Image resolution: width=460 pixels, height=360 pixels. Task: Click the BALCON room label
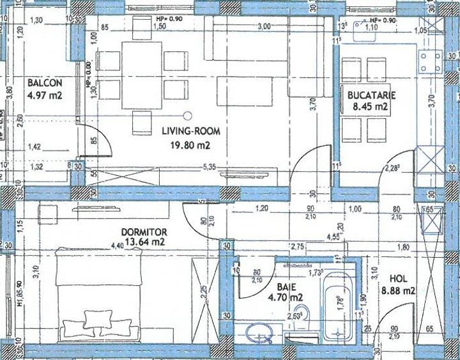(x=45, y=83)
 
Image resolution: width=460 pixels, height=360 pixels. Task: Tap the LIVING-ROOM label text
(x=190, y=131)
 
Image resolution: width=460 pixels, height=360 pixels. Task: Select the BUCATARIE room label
(x=372, y=95)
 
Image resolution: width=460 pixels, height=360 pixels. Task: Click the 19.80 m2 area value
(x=191, y=145)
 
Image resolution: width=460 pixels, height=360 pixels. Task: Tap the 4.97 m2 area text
(x=45, y=97)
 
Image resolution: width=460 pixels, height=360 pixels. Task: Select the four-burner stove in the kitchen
(x=429, y=62)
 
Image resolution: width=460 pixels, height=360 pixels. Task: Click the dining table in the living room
(x=142, y=75)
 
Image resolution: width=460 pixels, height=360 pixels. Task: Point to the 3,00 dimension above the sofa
(x=263, y=27)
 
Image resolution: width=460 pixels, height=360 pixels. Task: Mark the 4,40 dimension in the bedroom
(x=116, y=245)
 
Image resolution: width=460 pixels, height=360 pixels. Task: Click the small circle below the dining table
(x=188, y=116)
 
